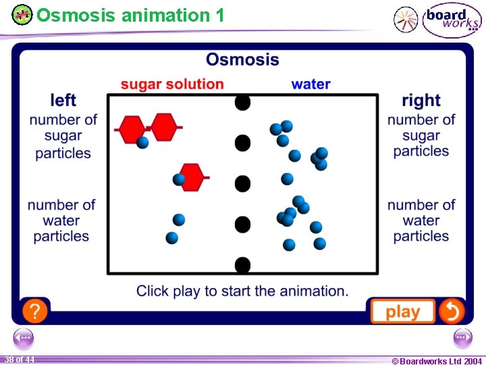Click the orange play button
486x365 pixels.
click(402, 312)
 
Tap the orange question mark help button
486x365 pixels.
click(34, 311)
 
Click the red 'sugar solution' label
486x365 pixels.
click(172, 84)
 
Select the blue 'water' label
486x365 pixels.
click(310, 84)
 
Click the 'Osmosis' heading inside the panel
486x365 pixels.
click(242, 59)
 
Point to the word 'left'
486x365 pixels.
click(63, 101)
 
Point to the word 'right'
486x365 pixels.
click(421, 101)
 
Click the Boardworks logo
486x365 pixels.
click(452, 20)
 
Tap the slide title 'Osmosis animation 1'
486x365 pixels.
click(130, 15)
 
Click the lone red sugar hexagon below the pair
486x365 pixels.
click(192, 176)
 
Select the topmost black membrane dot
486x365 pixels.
click(242, 103)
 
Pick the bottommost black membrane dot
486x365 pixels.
click(242, 264)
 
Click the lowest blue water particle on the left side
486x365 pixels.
click(172, 238)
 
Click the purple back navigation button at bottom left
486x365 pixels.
click(24, 338)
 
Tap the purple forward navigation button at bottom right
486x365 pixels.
click(462, 338)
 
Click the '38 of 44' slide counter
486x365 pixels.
click(19, 360)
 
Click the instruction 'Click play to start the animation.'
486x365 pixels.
click(242, 291)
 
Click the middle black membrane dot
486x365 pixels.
click(242, 183)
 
